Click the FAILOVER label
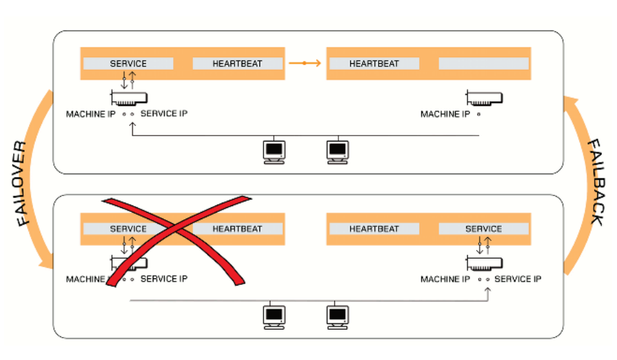[22, 183]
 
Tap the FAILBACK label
[596, 182]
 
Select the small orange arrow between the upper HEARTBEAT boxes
[305, 63]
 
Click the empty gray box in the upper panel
[483, 63]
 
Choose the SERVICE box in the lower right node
[483, 228]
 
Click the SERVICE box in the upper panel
[128, 63]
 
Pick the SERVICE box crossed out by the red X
[128, 228]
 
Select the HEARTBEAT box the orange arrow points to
[374, 63]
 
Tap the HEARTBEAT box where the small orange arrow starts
[238, 63]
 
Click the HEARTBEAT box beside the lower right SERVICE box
[374, 228]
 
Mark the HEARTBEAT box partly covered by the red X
[238, 228]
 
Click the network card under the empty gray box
[484, 98]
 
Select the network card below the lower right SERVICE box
[484, 263]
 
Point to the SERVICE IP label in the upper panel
[164, 114]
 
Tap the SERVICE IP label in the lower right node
[518, 279]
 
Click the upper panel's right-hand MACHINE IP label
[445, 114]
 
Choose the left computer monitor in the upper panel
[275, 152]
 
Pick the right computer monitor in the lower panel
[338, 317]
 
